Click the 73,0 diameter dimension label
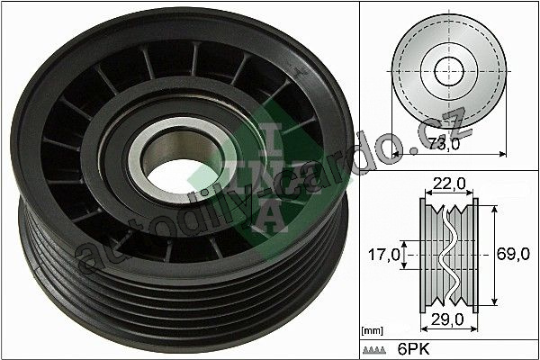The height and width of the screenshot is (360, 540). [445, 143]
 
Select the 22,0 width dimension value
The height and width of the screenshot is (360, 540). [449, 184]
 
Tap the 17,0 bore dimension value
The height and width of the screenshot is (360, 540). [384, 255]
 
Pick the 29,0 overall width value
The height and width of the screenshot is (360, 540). [448, 319]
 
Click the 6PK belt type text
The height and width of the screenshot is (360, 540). [414, 349]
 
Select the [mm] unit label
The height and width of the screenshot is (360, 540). [372, 331]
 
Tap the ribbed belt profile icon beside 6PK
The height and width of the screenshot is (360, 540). [374, 350]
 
